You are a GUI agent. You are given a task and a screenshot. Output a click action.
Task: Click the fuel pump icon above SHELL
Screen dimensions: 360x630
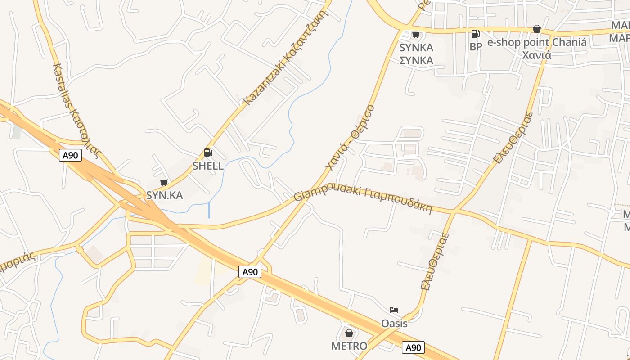(x=208, y=153)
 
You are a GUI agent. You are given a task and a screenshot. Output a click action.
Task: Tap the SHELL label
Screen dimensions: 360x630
(x=208, y=166)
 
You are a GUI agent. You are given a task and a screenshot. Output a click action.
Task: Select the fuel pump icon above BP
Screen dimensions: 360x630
(x=475, y=34)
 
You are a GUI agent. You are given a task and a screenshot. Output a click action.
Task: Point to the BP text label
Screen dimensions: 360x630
(x=476, y=47)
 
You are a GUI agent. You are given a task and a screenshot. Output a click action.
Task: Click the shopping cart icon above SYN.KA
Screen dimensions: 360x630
(x=164, y=182)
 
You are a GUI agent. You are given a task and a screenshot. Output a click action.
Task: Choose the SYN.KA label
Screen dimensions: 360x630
(x=165, y=195)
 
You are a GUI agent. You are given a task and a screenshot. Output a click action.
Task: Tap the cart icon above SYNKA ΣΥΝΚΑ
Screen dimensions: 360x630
(x=416, y=34)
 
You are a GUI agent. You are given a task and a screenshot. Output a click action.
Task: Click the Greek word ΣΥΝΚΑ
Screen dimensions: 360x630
(x=417, y=60)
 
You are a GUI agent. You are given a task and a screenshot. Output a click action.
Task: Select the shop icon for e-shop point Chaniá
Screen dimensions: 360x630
(x=536, y=29)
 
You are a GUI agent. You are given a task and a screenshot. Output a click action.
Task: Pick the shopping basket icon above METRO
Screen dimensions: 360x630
(x=349, y=333)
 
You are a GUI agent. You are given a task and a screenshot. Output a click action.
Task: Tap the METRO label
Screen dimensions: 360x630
(x=349, y=346)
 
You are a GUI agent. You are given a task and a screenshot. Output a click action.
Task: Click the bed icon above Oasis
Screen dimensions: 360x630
(x=394, y=310)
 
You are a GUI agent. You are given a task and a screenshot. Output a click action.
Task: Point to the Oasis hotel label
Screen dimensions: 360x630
(x=394, y=324)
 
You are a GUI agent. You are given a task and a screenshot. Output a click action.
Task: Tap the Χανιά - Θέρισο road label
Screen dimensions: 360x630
(x=350, y=138)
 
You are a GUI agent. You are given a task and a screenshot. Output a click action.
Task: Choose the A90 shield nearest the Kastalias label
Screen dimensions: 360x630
(x=70, y=156)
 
